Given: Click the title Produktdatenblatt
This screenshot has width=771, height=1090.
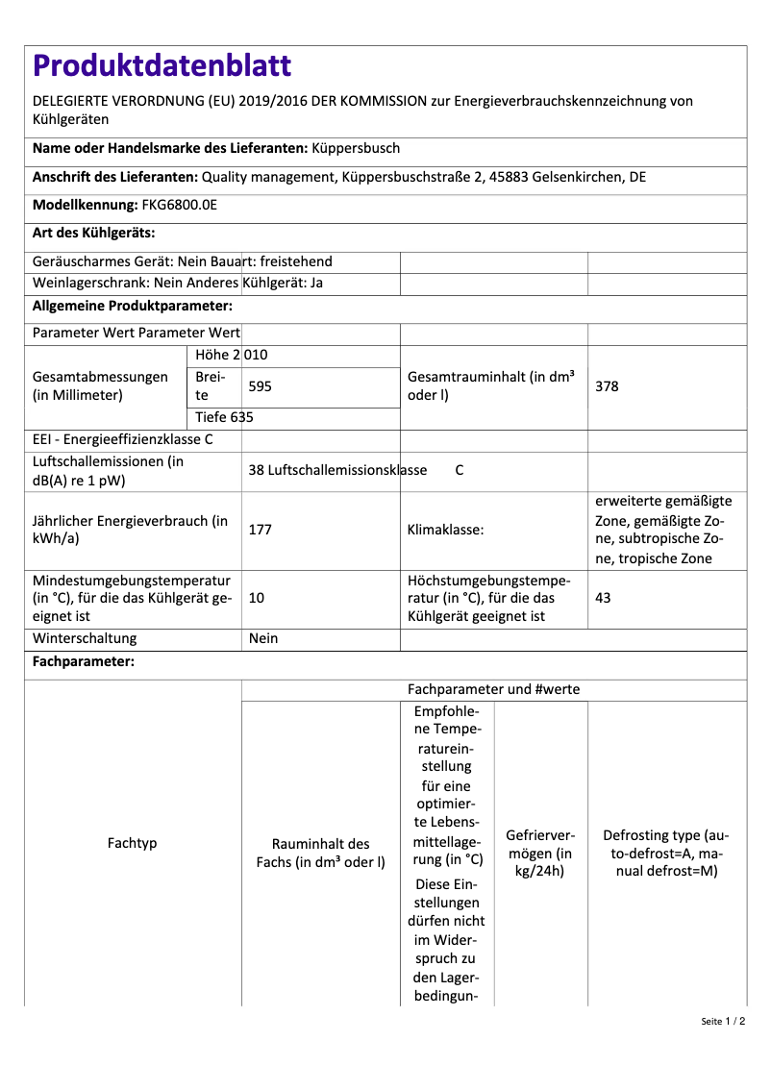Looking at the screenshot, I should point(162,65).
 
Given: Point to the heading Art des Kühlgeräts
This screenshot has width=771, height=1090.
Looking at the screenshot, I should point(93,233).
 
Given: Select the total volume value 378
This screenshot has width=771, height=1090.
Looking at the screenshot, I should point(607,386).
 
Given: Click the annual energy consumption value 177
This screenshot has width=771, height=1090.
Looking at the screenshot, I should point(260,530).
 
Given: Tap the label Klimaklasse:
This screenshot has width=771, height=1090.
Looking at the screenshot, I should point(445,530).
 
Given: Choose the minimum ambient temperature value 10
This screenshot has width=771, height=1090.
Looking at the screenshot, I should point(256,598).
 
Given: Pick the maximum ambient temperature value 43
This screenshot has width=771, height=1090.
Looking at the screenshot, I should point(603,598).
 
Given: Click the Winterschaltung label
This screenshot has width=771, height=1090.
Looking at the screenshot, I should point(85,638).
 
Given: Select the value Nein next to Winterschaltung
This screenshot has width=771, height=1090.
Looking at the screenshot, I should point(262,638).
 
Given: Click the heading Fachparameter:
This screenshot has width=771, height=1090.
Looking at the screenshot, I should point(84,662).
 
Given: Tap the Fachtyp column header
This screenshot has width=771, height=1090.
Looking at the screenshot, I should point(133,843).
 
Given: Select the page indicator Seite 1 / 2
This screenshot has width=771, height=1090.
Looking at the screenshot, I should point(723,1021).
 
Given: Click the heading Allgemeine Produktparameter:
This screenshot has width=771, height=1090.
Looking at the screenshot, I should point(133,306).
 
